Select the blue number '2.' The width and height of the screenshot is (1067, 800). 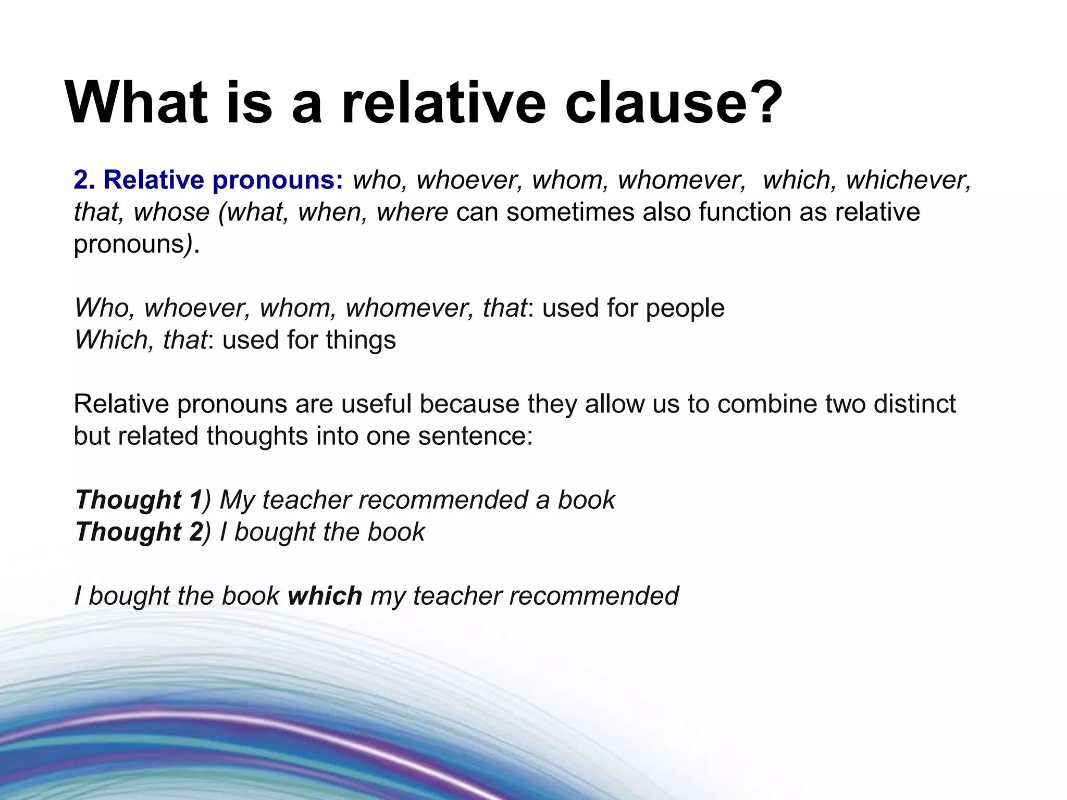pos(84,180)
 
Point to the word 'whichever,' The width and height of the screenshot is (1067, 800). pos(909,180)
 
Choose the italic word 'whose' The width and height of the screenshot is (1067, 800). pos(171,213)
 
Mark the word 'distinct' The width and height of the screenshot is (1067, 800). pos(914,404)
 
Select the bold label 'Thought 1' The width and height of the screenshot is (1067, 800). pos(138,501)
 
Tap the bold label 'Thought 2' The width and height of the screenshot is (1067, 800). pos(139,532)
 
